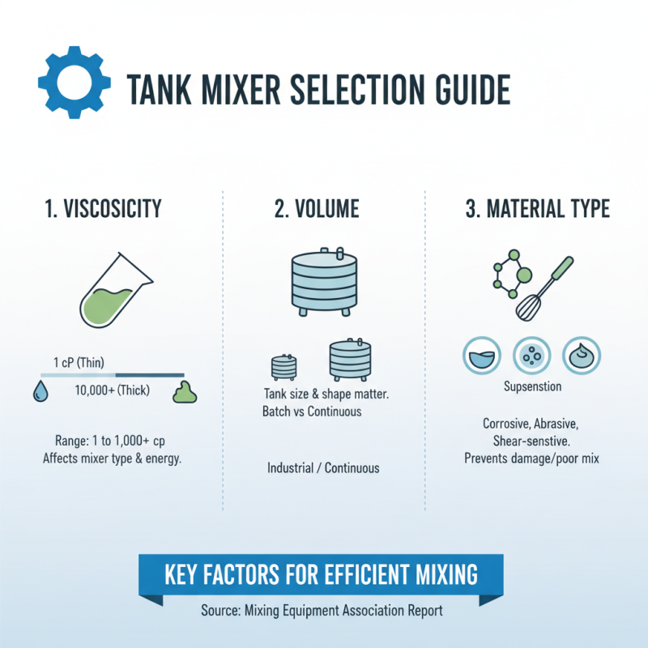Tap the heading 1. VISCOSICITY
[104, 208]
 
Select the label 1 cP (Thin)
[79, 361]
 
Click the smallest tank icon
[283, 367]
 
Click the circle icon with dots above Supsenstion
[532, 354]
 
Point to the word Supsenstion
[532, 386]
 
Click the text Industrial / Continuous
[323, 468]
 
